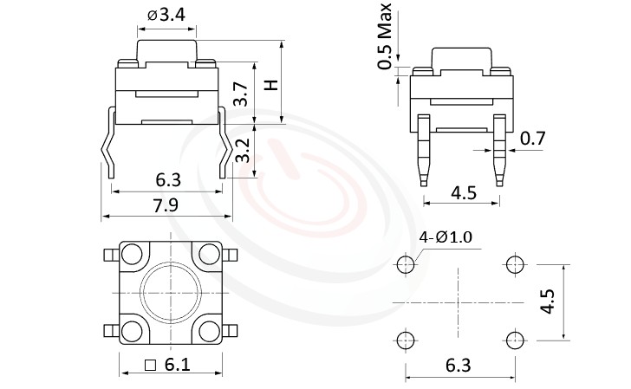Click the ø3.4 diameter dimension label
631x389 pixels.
click(x=166, y=15)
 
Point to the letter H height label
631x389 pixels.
click(x=270, y=85)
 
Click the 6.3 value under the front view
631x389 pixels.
click(x=167, y=180)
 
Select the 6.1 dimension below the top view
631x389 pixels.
click(x=177, y=365)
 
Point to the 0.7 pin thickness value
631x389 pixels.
click(x=532, y=138)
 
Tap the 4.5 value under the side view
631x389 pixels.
click(x=464, y=193)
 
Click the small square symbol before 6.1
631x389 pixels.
click(x=151, y=366)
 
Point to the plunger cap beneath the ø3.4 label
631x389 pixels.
click(x=166, y=43)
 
